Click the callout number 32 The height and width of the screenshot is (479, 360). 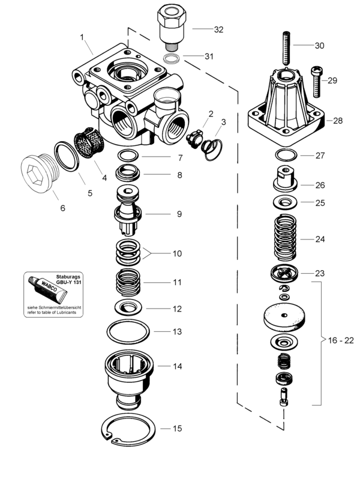click(218, 29)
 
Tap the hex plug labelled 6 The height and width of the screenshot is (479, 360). click(40, 173)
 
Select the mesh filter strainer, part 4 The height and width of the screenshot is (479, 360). click(89, 143)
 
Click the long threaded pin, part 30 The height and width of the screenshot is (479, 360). click(286, 48)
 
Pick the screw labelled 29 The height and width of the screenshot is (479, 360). click(316, 82)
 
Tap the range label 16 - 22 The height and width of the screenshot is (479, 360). click(341, 340)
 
